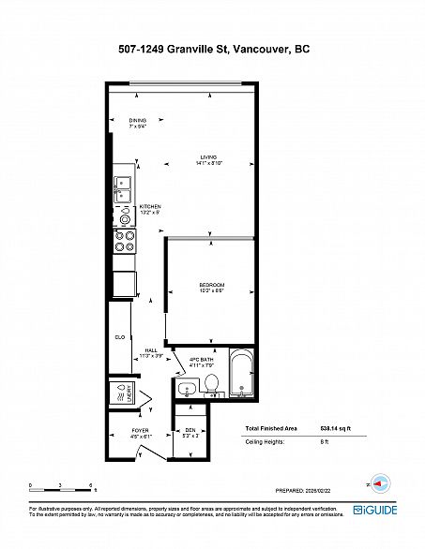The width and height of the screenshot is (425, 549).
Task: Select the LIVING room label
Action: click(x=208, y=159)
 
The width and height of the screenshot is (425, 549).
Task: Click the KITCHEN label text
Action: click(x=151, y=208)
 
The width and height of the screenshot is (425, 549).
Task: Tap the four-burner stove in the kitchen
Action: click(x=124, y=243)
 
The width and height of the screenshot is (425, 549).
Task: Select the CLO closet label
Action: click(x=120, y=335)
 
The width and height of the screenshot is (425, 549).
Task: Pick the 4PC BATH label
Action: click(x=203, y=362)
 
